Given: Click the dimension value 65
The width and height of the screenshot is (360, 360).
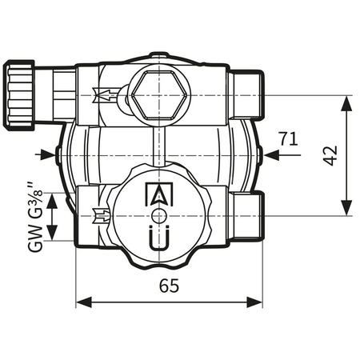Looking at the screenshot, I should pyautogui.click(x=169, y=286).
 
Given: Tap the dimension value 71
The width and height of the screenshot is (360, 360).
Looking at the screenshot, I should pyautogui.click(x=289, y=138).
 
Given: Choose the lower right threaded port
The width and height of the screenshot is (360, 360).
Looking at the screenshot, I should pyautogui.click(x=250, y=214).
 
